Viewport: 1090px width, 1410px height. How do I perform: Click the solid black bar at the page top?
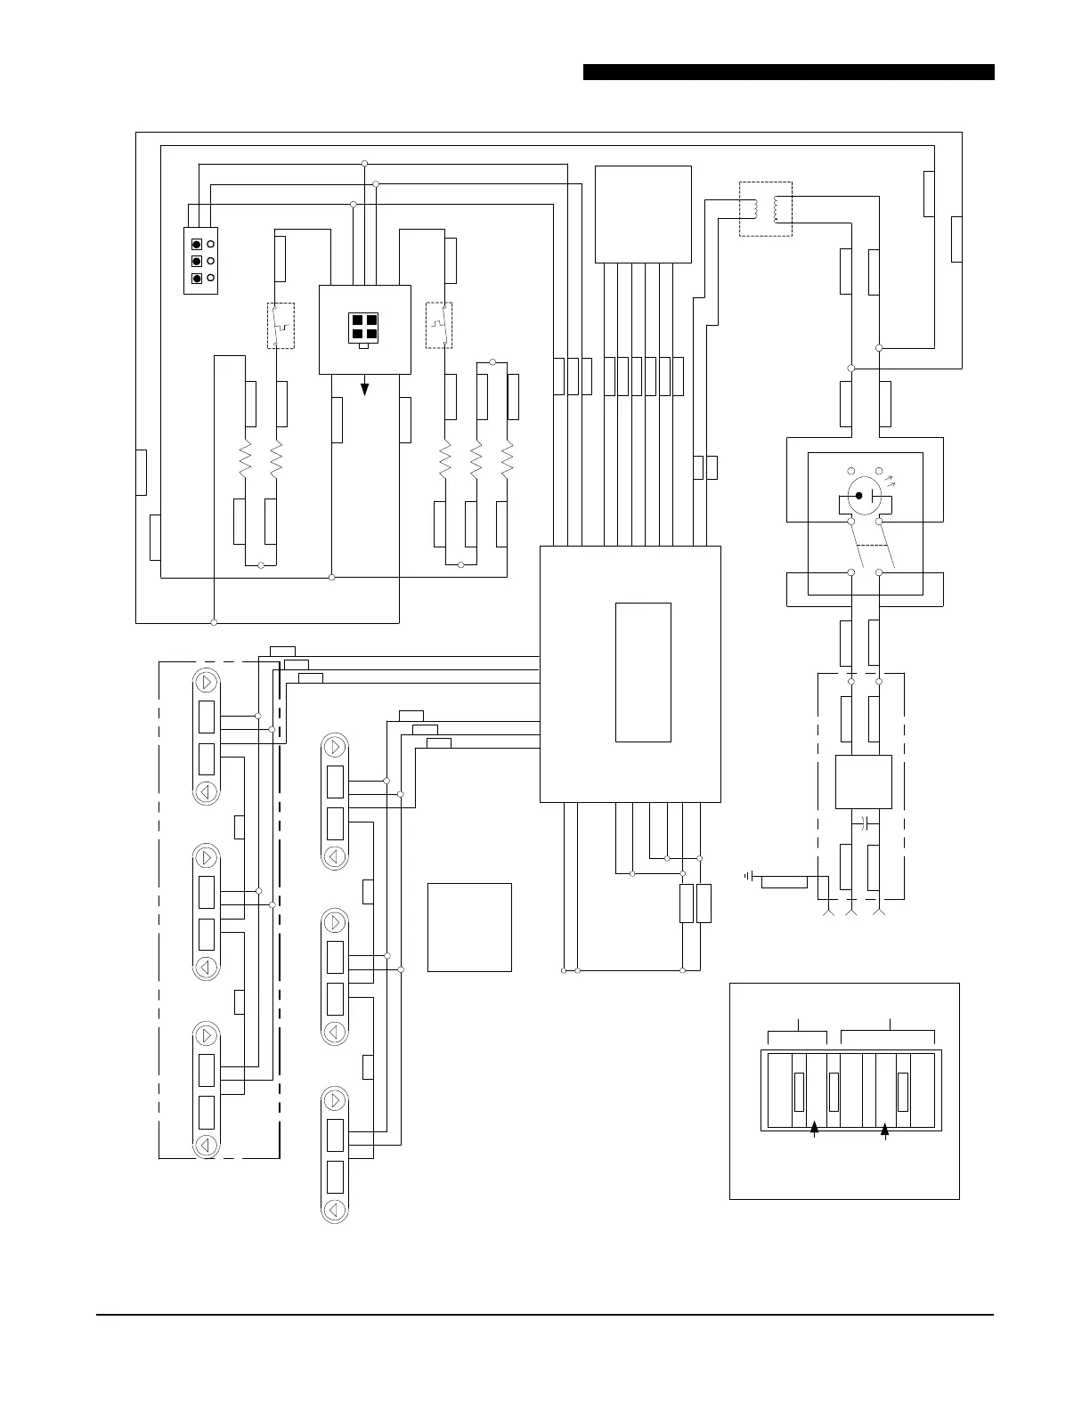pyautogui.click(x=788, y=72)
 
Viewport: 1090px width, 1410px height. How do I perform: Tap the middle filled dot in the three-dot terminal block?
pyautogui.click(x=197, y=261)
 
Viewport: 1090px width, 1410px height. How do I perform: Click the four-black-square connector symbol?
pyautogui.click(x=364, y=328)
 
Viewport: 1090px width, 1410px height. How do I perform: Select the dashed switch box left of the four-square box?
pyautogui.click(x=281, y=326)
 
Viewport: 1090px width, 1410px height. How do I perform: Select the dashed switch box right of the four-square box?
pyautogui.click(x=438, y=326)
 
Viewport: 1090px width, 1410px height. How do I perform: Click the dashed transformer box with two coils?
pyautogui.click(x=766, y=209)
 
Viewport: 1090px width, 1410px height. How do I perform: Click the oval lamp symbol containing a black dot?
pyautogui.click(x=860, y=494)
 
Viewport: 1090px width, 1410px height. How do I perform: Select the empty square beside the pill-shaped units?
pyautogui.click(x=469, y=927)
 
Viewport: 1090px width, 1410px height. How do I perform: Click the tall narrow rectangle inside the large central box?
pyautogui.click(x=643, y=672)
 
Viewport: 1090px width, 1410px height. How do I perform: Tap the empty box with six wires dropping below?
pyautogui.click(x=643, y=214)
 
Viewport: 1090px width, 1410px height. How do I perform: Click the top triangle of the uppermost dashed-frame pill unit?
pyautogui.click(x=207, y=683)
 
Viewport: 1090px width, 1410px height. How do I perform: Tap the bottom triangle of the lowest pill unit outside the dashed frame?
pyautogui.click(x=335, y=1209)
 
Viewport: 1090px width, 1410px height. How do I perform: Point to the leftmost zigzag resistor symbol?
pyautogui.click(x=245, y=460)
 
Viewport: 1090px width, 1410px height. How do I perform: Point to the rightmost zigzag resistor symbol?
pyautogui.click(x=508, y=460)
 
